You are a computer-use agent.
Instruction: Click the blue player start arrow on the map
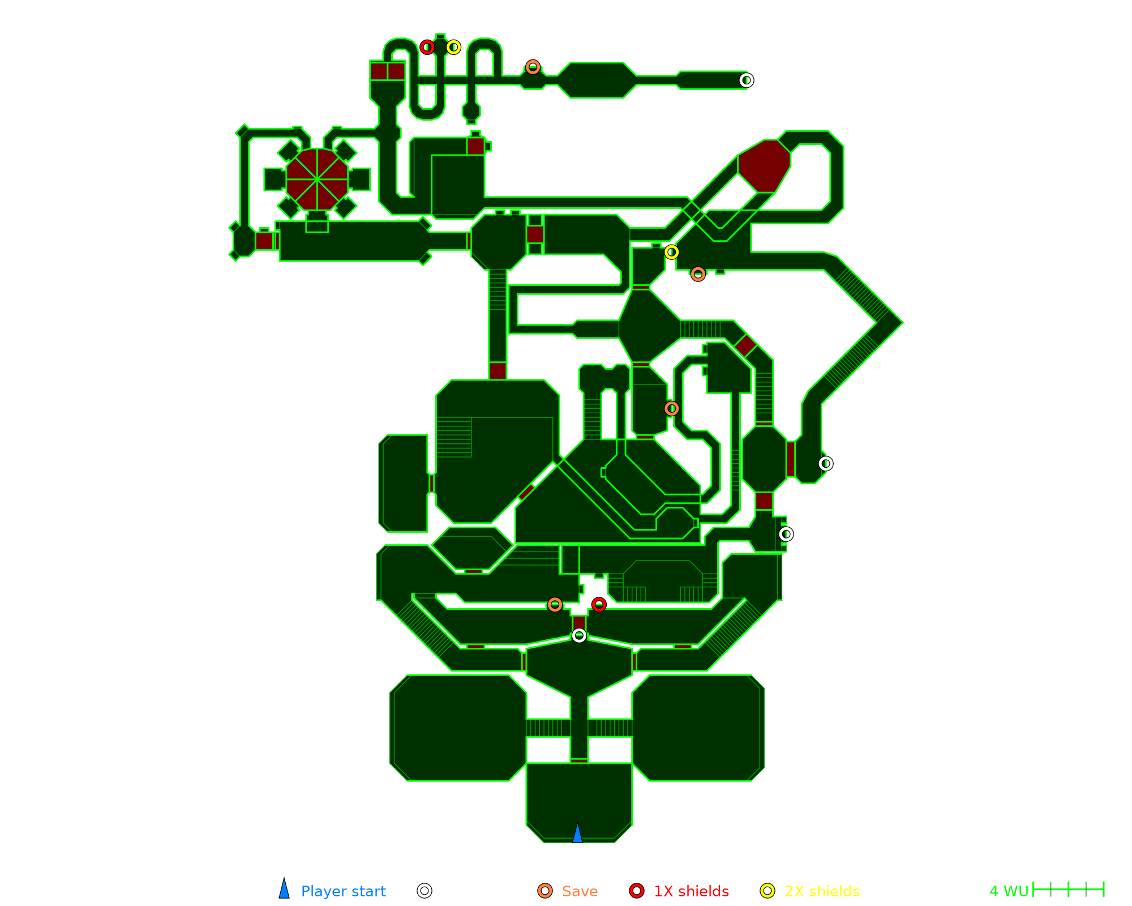pyautogui.click(x=577, y=834)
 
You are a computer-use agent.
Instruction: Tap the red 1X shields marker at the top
pyautogui.click(x=427, y=47)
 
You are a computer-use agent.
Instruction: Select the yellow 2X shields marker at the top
pyautogui.click(x=453, y=47)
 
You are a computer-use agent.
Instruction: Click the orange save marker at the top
pyautogui.click(x=533, y=67)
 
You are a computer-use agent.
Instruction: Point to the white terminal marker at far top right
pyautogui.click(x=747, y=80)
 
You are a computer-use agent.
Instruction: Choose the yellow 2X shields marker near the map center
pyautogui.click(x=671, y=252)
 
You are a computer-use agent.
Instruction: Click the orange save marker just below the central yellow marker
pyautogui.click(x=698, y=274)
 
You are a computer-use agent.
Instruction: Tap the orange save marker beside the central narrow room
pyautogui.click(x=671, y=408)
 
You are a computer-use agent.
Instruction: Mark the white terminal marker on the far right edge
pyautogui.click(x=826, y=464)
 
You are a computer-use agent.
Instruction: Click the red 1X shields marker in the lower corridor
pyautogui.click(x=599, y=605)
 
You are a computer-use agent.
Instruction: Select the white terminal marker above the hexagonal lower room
pyautogui.click(x=579, y=635)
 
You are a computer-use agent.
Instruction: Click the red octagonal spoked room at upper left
pyautogui.click(x=317, y=179)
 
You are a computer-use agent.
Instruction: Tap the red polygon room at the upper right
pyautogui.click(x=764, y=166)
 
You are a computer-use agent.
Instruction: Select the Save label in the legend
pyautogui.click(x=580, y=891)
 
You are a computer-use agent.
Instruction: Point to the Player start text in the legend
pyautogui.click(x=343, y=891)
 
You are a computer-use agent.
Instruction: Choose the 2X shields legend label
pyautogui.click(x=822, y=891)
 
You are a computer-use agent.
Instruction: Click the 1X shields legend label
pyautogui.click(x=691, y=891)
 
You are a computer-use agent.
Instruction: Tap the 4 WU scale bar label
pyautogui.click(x=1009, y=891)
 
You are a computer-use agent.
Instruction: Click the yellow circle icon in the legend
pyautogui.click(x=767, y=891)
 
